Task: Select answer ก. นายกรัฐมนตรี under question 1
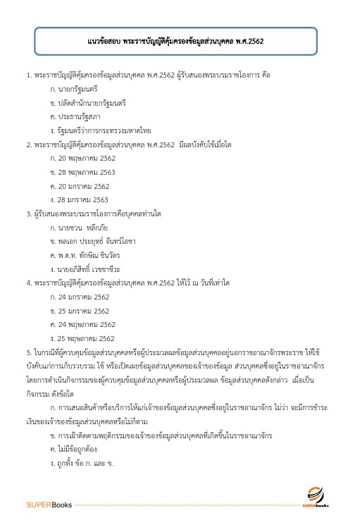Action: pos(74,89)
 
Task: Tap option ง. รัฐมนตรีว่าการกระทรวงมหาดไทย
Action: pos(101,130)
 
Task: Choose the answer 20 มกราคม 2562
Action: pos(80,185)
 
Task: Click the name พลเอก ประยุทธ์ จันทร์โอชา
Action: pos(93,241)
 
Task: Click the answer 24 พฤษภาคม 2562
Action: pos(83,324)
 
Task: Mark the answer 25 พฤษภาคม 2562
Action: pos(83,338)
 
